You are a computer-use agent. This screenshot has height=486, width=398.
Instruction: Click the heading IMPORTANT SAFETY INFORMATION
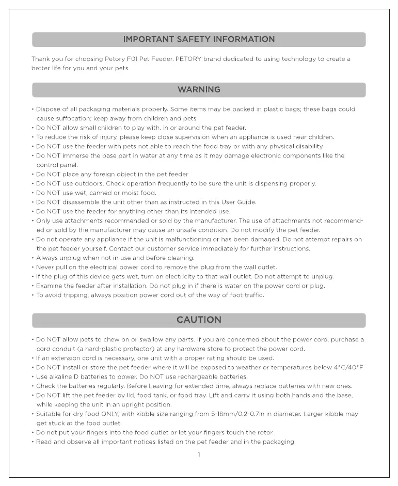199,39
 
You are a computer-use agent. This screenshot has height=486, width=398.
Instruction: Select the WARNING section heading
199,90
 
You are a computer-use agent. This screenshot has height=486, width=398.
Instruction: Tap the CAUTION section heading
199,320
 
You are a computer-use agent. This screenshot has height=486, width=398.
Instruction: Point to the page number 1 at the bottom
199,454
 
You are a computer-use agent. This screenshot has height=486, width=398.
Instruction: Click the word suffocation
68,119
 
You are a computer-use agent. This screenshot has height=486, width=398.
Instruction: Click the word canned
100,193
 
